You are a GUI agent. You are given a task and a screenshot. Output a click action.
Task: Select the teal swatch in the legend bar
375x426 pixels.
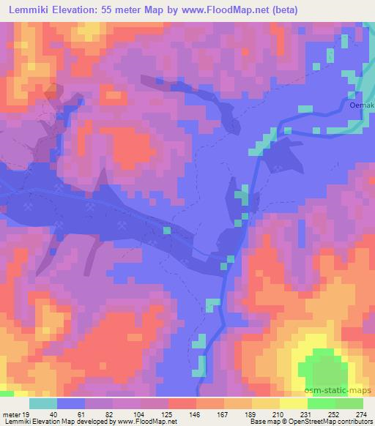coord(43,403)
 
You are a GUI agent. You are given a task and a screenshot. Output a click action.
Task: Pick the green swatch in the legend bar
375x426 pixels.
coord(349,403)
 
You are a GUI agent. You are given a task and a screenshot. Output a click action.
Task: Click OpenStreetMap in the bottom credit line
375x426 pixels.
coord(312,422)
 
